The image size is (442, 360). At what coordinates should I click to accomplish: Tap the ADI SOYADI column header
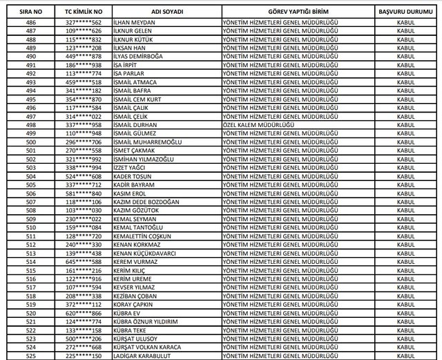163,12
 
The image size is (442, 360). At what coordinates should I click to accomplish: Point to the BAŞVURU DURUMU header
401,12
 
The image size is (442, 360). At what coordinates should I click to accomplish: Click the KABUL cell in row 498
401,124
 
